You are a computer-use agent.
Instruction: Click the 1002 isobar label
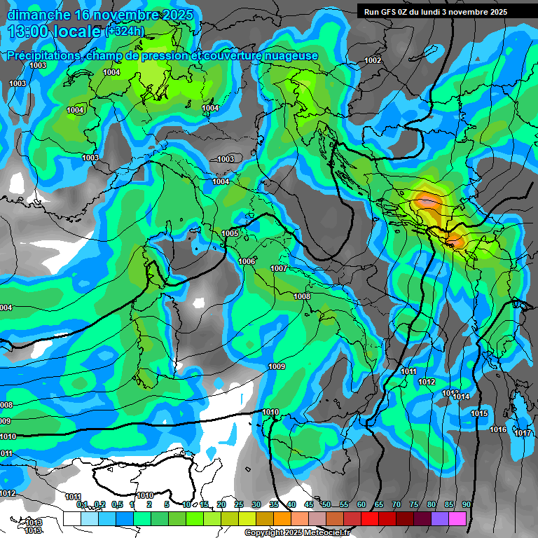pos(373,60)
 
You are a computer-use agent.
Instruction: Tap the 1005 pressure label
pos(230,233)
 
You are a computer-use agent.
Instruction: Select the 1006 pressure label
pos(247,261)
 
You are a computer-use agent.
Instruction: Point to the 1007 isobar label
pos(279,268)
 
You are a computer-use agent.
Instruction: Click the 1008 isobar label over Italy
pos(302,296)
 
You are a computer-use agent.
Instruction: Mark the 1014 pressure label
pos(461,397)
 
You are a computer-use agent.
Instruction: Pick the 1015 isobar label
pos(479,414)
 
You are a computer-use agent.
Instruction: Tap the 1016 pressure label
pos(498,429)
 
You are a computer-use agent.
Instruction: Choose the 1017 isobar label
pos(523,433)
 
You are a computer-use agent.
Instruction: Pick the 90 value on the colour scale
pos(466,504)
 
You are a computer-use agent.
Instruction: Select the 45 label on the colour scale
pos(309,504)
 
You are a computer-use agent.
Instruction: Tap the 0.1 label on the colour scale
pos(82,504)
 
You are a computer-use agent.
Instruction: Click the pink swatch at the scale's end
pos(457,518)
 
